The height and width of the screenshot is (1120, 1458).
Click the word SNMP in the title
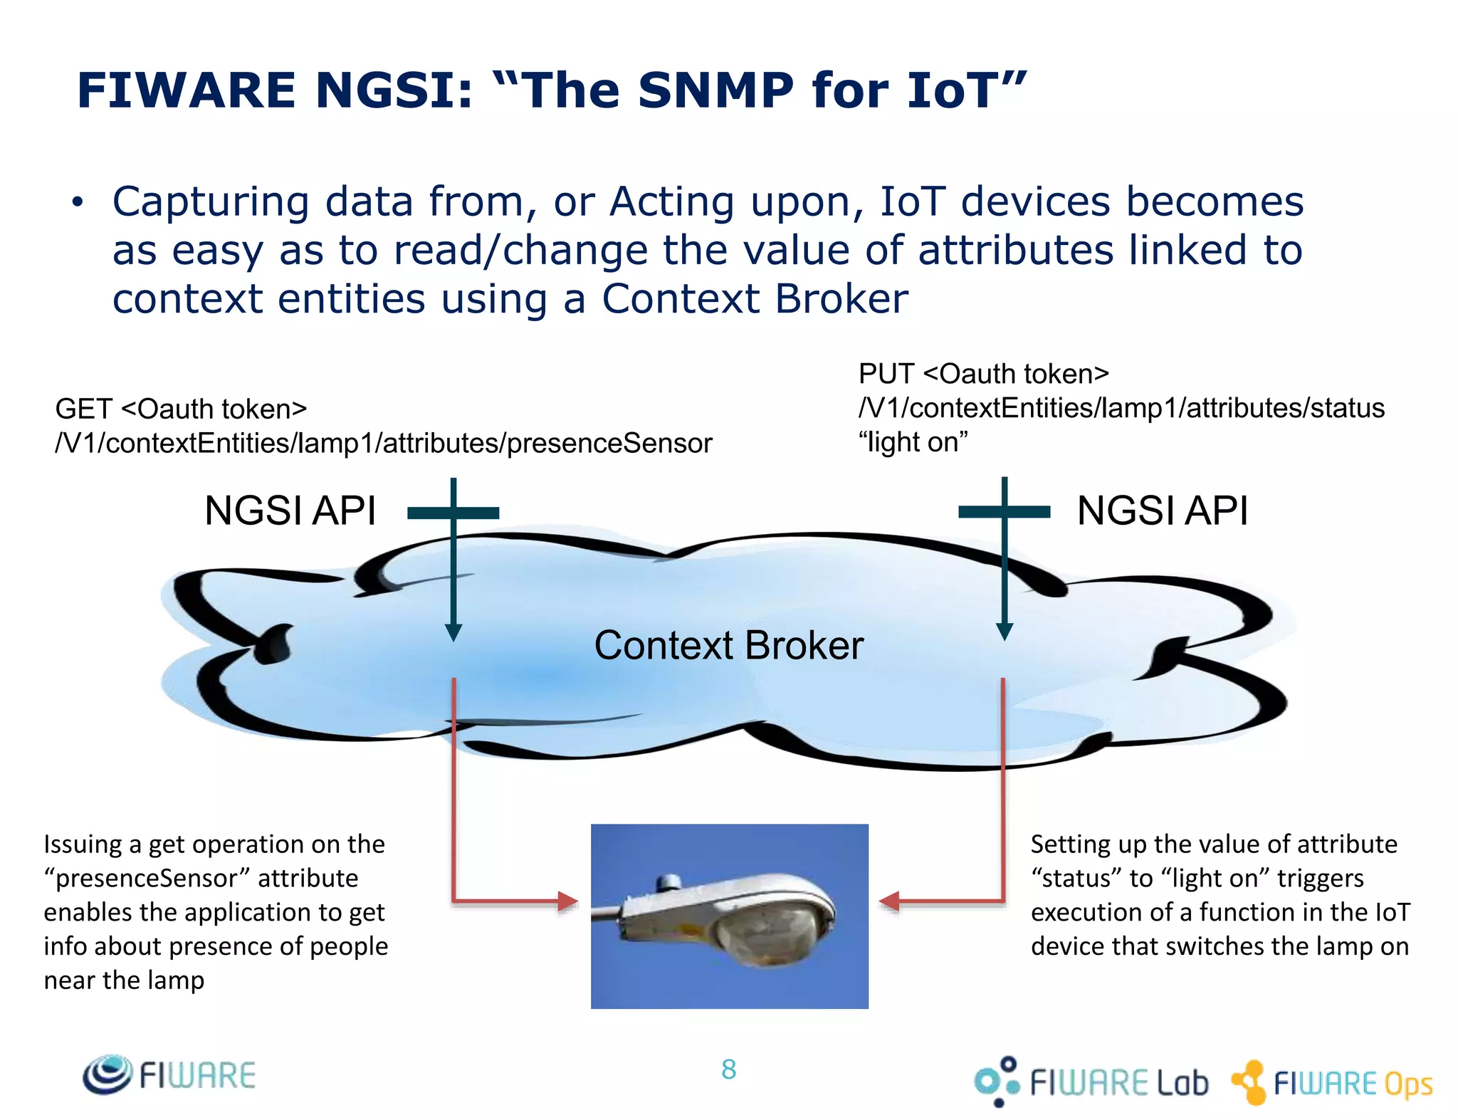click(x=715, y=91)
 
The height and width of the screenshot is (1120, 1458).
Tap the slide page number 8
click(x=728, y=1069)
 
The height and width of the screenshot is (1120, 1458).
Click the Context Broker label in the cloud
click(x=728, y=645)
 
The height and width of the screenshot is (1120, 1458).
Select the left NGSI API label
click(x=290, y=511)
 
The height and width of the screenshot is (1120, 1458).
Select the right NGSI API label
click(x=1162, y=511)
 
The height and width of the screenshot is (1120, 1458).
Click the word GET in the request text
click(x=83, y=409)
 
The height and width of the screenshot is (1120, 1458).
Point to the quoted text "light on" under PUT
click(x=913, y=443)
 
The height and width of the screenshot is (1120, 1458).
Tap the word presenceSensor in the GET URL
click(x=609, y=444)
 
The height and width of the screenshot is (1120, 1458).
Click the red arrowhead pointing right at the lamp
click(x=567, y=901)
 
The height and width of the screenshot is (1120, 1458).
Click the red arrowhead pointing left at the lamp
click(x=890, y=901)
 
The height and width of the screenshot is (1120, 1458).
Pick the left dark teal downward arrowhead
click(x=453, y=632)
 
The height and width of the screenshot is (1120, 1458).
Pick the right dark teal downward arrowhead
click(x=1004, y=631)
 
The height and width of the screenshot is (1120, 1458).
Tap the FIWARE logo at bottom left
click(x=169, y=1074)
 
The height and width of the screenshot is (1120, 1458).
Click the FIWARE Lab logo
click(x=1091, y=1082)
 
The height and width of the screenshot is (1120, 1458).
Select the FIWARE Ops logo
click(x=1332, y=1083)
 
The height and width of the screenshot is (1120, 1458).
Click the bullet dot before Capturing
click(x=78, y=203)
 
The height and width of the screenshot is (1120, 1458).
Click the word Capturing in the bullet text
click(x=210, y=202)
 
